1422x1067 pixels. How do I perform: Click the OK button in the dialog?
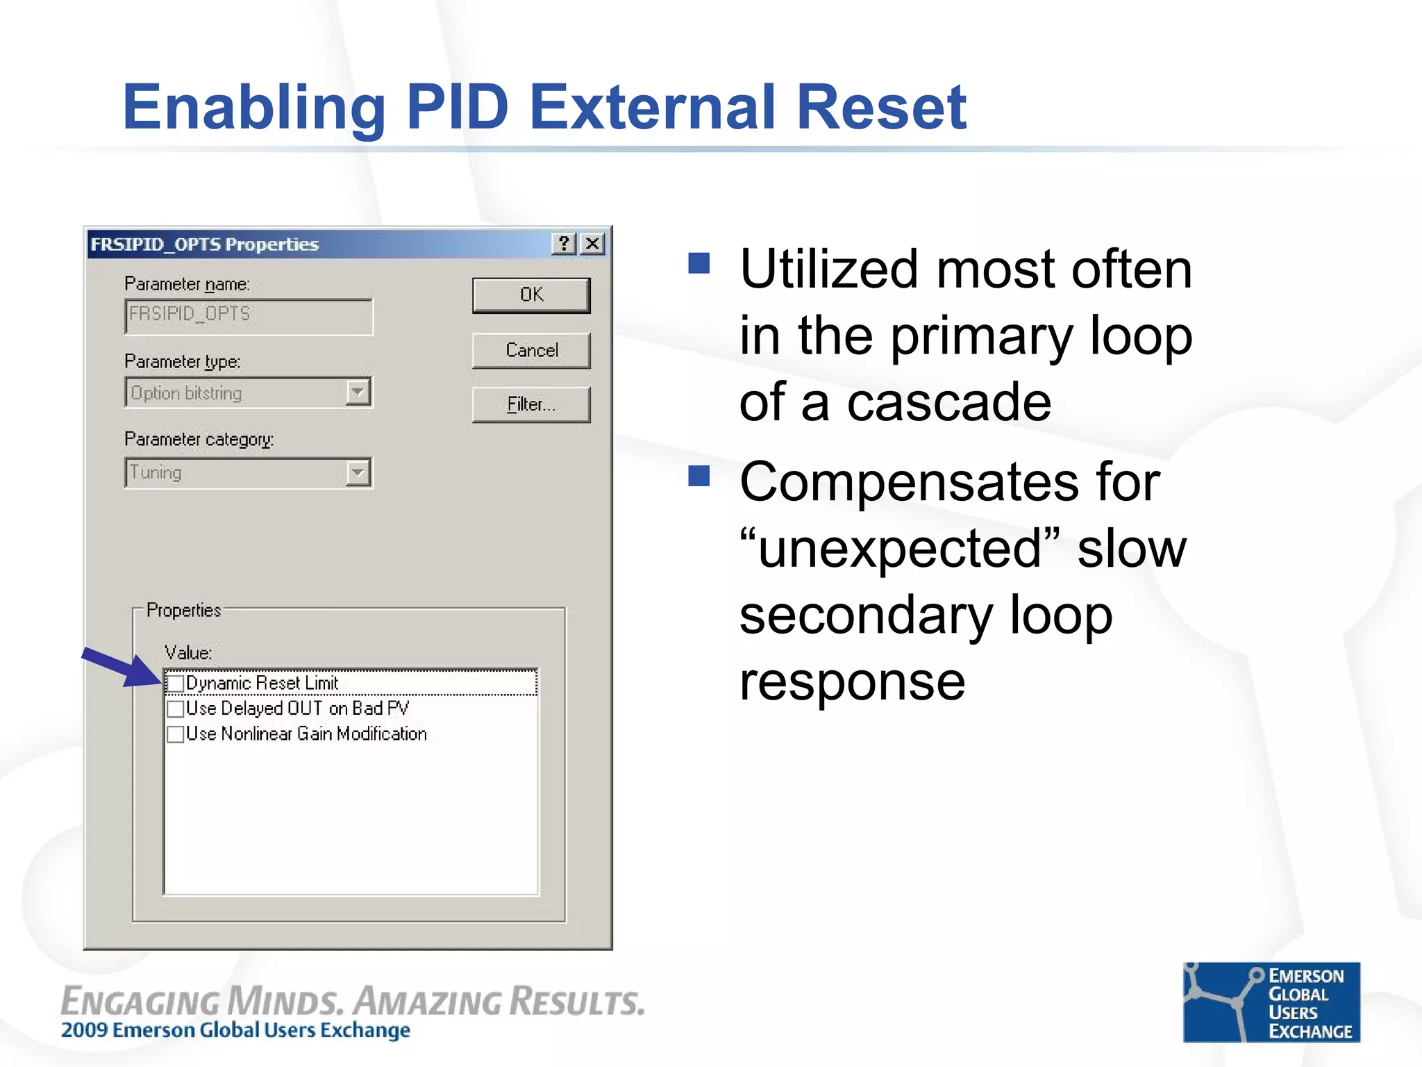pyautogui.click(x=531, y=295)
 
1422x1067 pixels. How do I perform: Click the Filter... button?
pyautogui.click(x=531, y=404)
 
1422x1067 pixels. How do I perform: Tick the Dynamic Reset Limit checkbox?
pyautogui.click(x=176, y=684)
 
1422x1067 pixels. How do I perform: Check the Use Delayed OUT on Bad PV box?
pyautogui.click(x=176, y=709)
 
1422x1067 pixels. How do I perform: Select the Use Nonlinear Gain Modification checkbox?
pyautogui.click(x=176, y=734)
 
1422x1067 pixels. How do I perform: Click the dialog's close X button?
pyautogui.click(x=592, y=244)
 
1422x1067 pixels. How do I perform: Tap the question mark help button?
pyautogui.click(x=564, y=244)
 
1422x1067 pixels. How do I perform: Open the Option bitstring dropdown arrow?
pyautogui.click(x=358, y=392)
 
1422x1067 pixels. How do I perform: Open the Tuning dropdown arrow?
pyautogui.click(x=358, y=473)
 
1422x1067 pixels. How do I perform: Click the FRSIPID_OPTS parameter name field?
pyautogui.click(x=249, y=316)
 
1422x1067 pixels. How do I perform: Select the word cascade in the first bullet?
pyautogui.click(x=948, y=403)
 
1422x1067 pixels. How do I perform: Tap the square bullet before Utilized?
pyautogui.click(x=699, y=263)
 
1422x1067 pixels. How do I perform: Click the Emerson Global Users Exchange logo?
pyautogui.click(x=1271, y=1002)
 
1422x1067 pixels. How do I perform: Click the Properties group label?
pyautogui.click(x=183, y=610)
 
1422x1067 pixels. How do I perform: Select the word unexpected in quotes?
pyautogui.click(x=900, y=549)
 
